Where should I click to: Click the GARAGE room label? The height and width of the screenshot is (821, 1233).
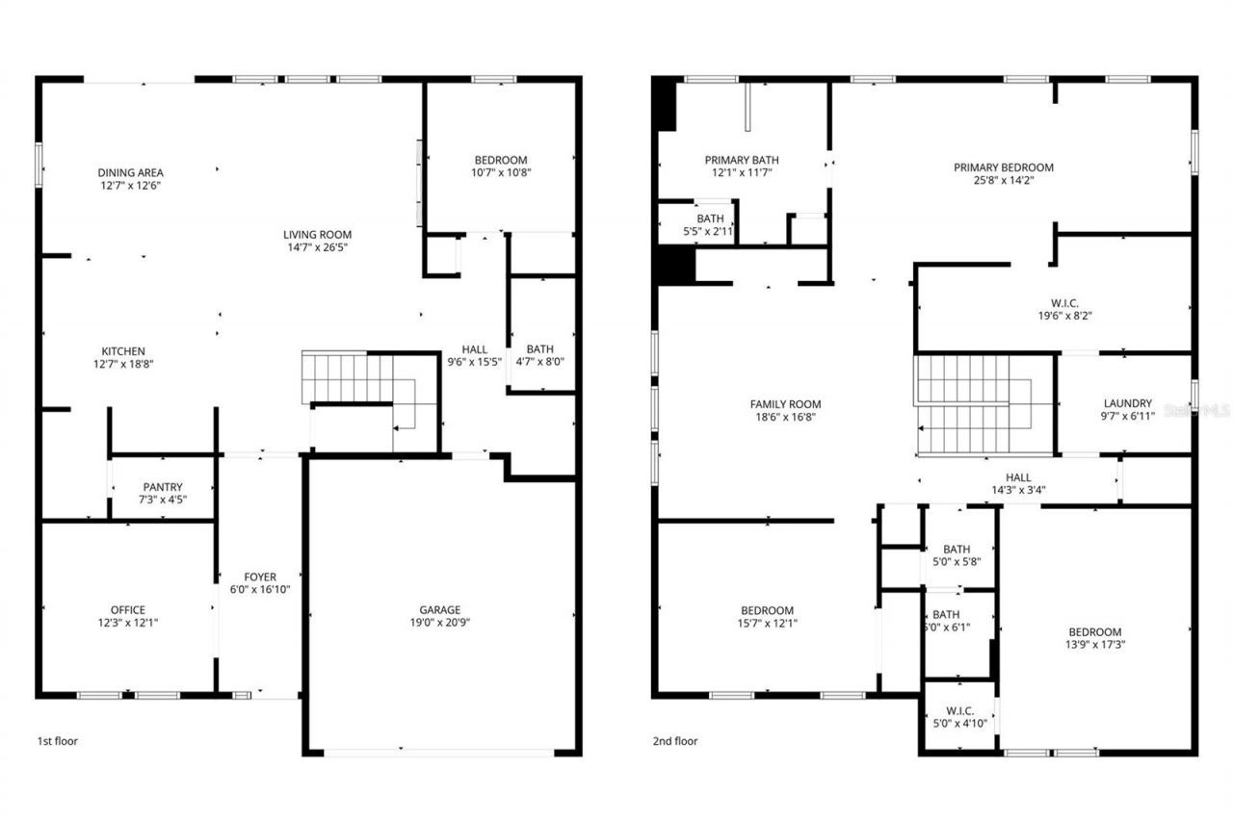coord(439,609)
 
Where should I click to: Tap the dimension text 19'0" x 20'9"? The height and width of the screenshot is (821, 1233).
coord(439,622)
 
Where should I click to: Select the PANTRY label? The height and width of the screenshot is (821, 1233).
coord(163,487)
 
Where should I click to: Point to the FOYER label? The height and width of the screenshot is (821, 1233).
coord(260,577)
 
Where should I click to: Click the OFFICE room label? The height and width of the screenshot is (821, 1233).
coord(128,609)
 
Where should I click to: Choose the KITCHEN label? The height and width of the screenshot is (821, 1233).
coord(124,351)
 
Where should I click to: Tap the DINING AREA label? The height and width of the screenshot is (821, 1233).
coord(130,172)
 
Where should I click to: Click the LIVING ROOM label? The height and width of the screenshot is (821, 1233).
coord(317,234)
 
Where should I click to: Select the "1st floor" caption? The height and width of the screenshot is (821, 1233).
coord(58,741)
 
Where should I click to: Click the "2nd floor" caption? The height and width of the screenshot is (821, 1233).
coord(674,741)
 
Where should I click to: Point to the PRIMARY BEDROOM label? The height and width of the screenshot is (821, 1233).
coord(1004,167)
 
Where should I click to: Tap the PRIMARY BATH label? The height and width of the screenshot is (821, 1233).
coord(742,160)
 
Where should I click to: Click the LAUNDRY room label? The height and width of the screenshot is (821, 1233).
coord(1128,403)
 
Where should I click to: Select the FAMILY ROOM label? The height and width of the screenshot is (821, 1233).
coord(786,404)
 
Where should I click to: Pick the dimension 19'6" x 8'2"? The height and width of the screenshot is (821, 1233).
coord(1064,315)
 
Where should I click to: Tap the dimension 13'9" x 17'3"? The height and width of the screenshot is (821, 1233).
coord(1094,645)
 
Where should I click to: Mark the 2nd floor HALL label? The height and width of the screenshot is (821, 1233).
coord(1018,477)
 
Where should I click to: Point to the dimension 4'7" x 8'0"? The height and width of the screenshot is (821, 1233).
coord(539,362)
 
